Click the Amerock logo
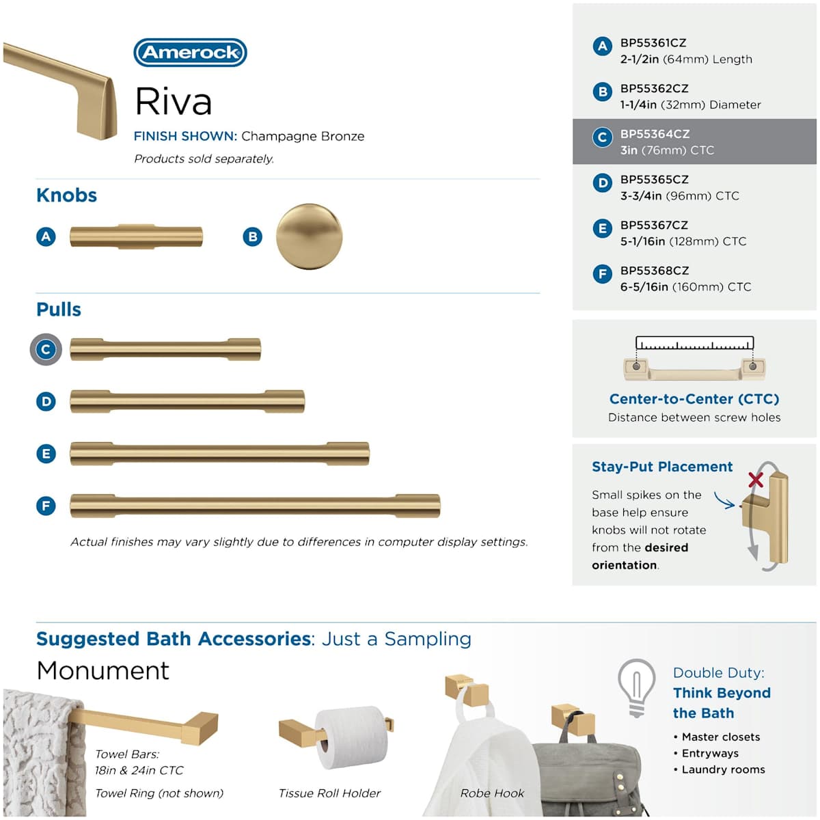190,53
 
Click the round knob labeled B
309,236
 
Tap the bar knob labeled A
136,236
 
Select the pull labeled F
255,506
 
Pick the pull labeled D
187,402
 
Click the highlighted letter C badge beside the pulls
46,350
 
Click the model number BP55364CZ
655,134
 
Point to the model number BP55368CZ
655,271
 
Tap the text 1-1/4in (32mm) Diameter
690,105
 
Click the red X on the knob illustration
755,479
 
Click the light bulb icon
636,687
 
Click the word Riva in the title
174,102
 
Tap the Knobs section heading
66,195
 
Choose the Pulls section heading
59,310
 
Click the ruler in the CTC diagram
694,343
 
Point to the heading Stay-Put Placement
661,467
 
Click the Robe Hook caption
492,793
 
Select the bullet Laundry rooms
723,769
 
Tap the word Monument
103,670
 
